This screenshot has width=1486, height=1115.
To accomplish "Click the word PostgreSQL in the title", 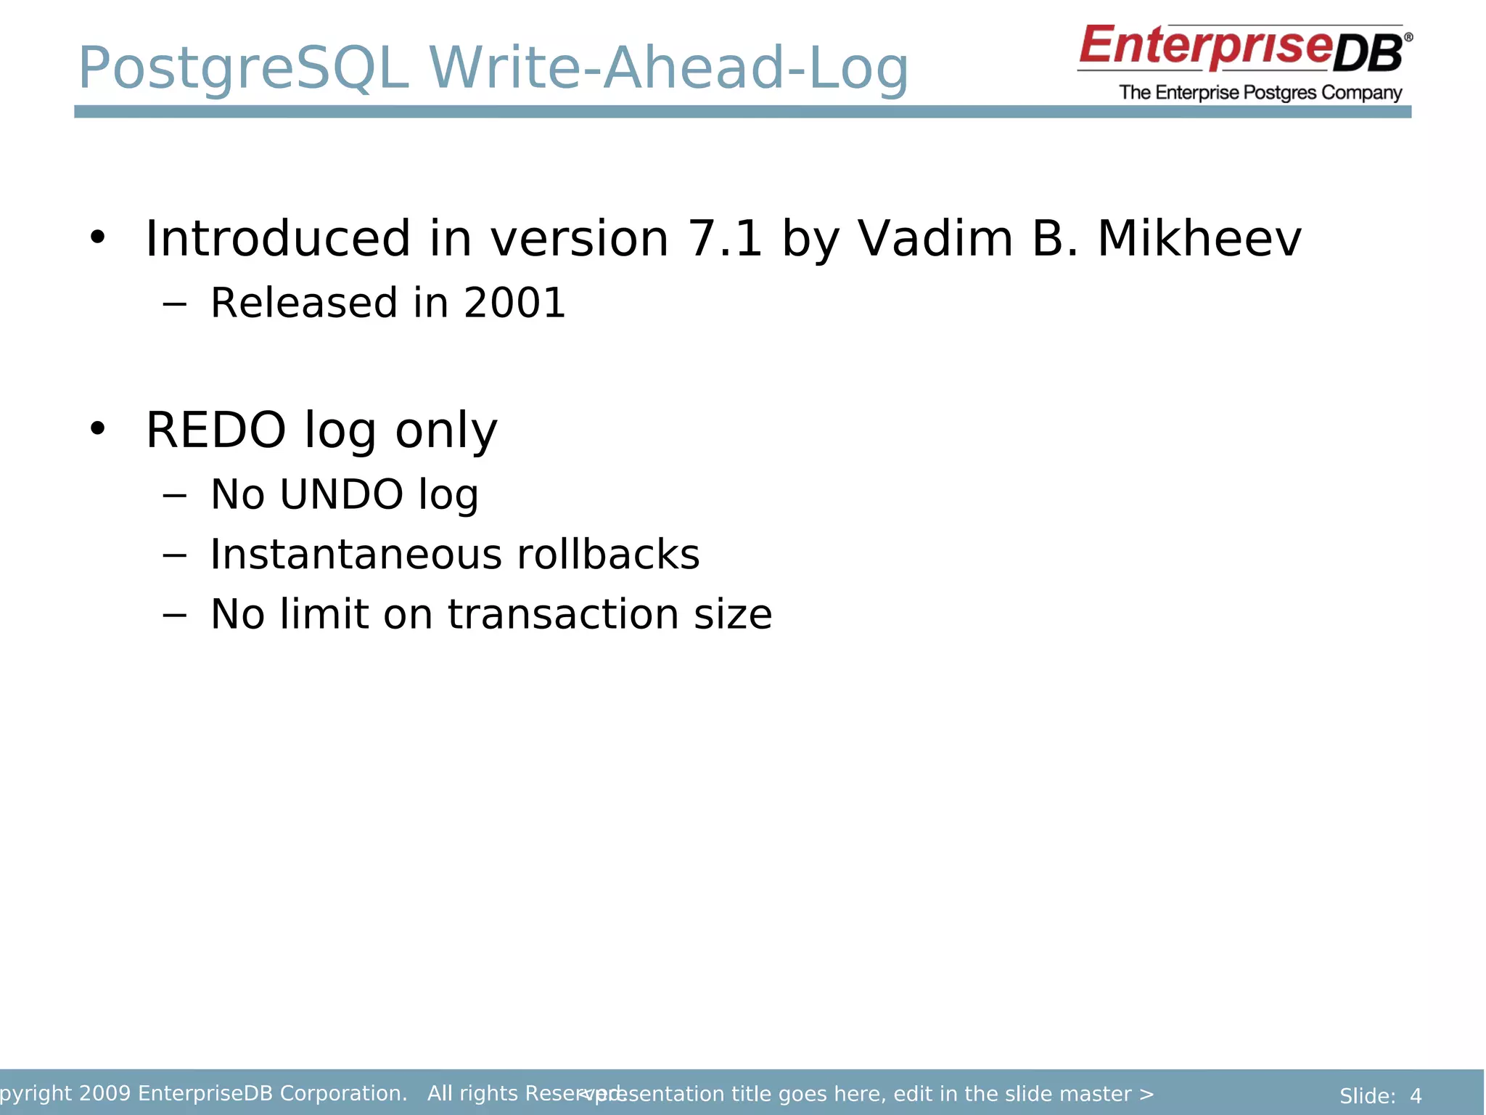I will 243,69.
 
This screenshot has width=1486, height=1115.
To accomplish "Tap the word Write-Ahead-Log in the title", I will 668,69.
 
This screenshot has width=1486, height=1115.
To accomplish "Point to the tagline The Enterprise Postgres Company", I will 1260,93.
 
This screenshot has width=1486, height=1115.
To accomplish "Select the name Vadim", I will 935,239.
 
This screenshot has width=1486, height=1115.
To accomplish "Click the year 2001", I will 514,303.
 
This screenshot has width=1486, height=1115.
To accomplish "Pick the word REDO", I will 215,430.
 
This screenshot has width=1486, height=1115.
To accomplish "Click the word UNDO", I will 341,494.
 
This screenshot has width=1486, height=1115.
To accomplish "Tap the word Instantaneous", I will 355,555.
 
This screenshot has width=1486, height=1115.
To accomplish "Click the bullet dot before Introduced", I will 97,237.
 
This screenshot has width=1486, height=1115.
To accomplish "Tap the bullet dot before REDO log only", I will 97,429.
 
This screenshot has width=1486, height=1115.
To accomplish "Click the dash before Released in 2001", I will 174,304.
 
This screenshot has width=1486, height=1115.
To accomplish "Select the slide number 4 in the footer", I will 1416,1096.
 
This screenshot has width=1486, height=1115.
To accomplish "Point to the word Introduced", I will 278,239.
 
